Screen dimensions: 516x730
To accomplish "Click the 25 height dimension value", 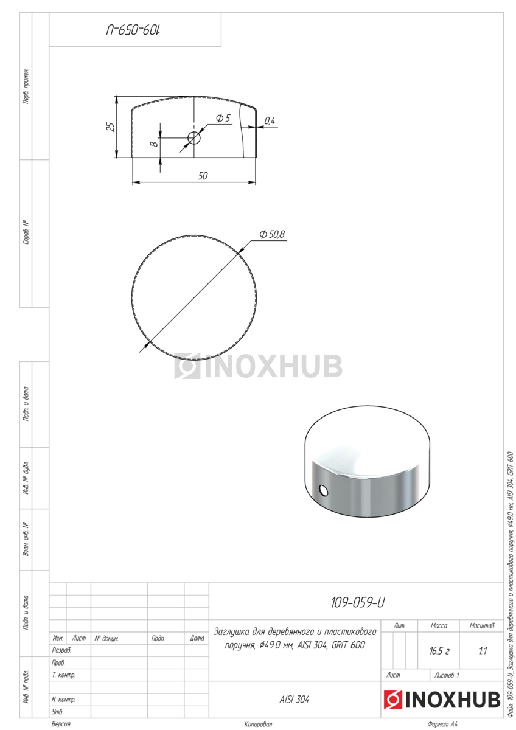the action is pos(111,127).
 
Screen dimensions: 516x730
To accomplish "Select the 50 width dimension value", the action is pos(203,176).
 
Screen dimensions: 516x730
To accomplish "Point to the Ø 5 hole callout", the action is pos(223,118).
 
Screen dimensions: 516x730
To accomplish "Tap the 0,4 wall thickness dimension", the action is pos(269,121).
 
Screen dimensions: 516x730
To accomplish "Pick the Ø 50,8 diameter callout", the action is pos(272,234).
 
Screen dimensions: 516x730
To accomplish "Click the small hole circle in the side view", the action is pos(194,138).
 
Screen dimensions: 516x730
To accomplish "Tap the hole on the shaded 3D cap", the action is pos(323,490).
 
